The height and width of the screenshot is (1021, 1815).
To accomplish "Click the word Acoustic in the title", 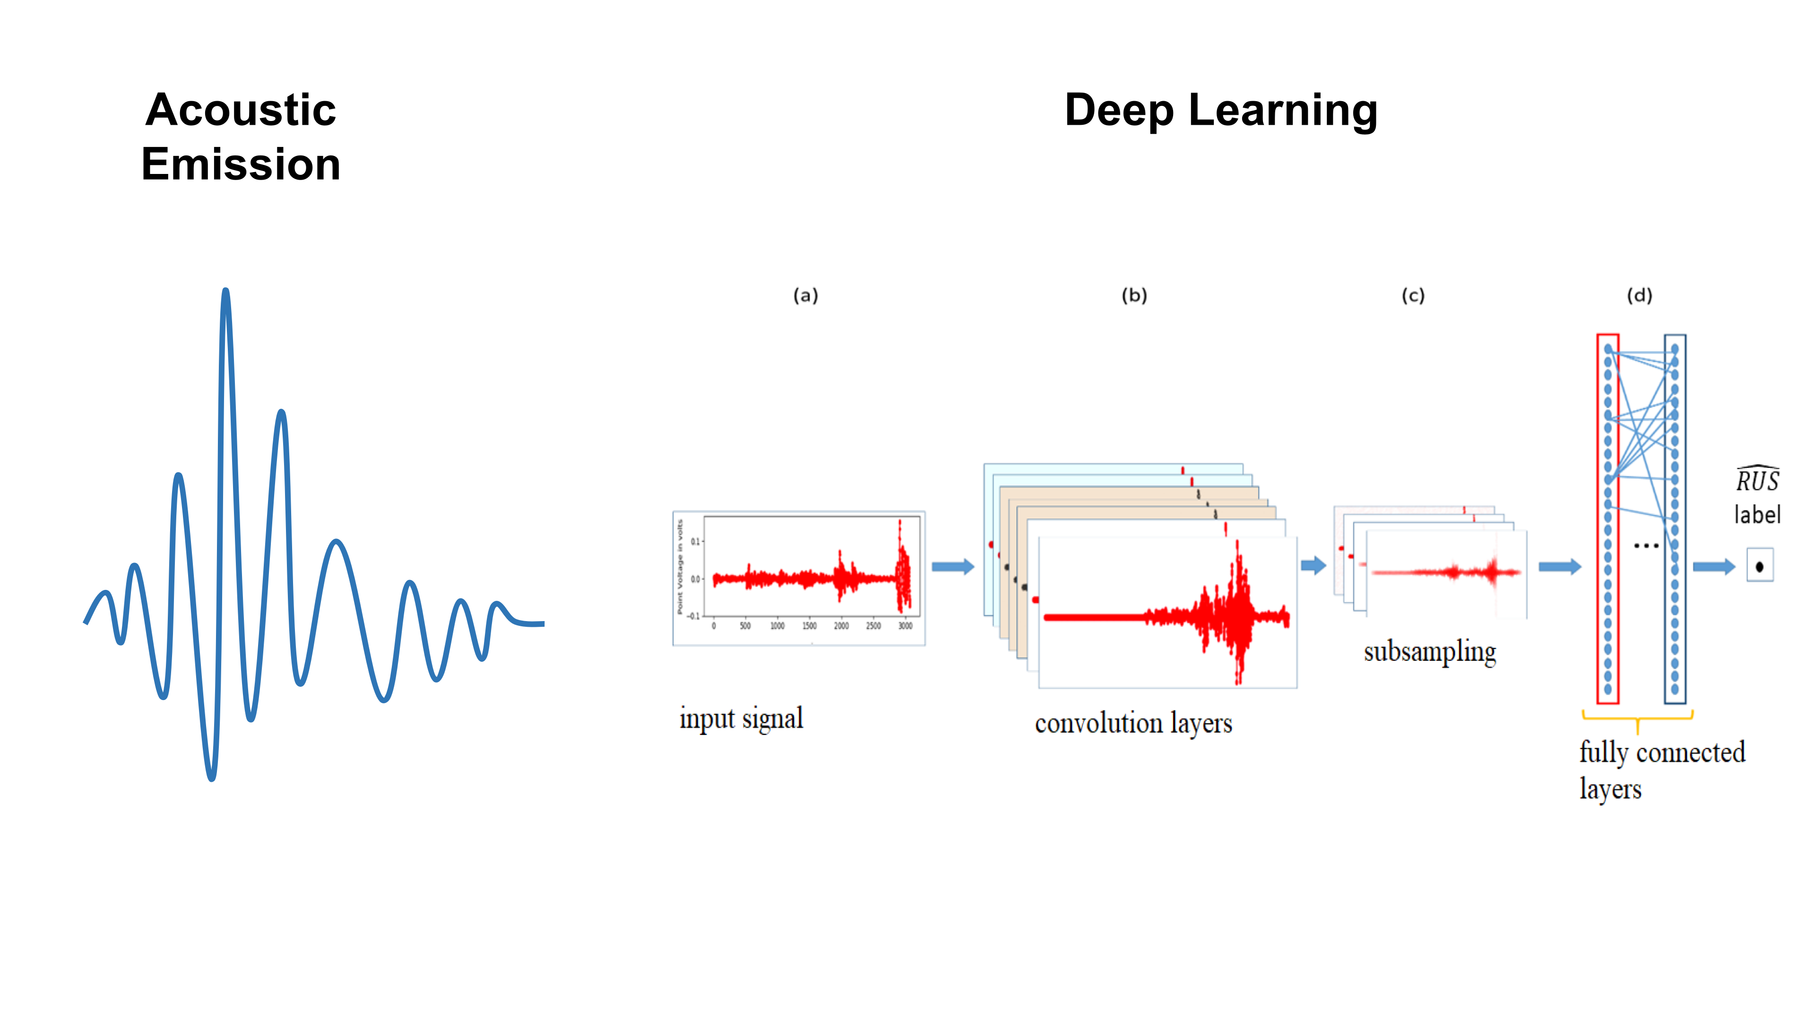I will coord(241,110).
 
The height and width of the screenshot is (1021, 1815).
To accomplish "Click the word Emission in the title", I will coord(241,164).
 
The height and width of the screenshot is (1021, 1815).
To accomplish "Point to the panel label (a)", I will coord(805,295).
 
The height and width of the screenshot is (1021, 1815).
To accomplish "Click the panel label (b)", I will coord(1134,295).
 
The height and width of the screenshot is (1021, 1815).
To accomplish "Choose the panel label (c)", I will coord(1413,295).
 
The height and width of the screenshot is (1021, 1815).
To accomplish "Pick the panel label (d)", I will coord(1639,295).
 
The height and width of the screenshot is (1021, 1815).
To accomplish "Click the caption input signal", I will coord(741,718).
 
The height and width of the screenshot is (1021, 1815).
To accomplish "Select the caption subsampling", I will coord(1430,652).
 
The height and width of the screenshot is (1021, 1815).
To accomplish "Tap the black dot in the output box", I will coord(1759,567).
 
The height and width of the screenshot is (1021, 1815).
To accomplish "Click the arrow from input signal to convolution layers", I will coord(952,567).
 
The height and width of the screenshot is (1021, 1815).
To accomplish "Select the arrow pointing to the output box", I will coord(1713,567).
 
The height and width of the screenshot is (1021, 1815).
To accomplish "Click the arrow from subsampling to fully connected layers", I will coord(1559,567).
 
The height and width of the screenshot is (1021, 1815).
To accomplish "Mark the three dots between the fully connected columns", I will coord(1646,545).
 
